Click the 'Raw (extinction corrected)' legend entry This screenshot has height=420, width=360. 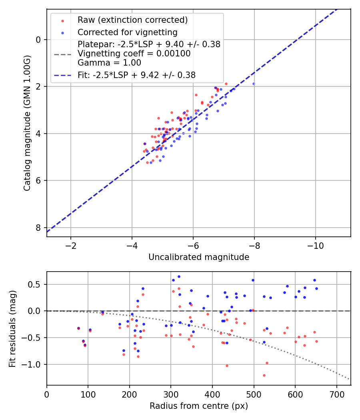click(x=132, y=20)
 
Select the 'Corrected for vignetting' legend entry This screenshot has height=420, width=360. click(x=127, y=32)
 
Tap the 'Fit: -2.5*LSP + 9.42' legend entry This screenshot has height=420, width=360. click(x=136, y=75)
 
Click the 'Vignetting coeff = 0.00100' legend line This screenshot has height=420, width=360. click(x=134, y=53)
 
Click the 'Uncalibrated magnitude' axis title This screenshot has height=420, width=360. click(x=199, y=257)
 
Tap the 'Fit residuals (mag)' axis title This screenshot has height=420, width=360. click(x=12, y=329)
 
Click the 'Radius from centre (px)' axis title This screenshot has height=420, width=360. click(x=199, y=406)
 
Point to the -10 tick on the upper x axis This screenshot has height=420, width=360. click(x=315, y=244)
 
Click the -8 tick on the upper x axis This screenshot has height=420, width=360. click(x=254, y=244)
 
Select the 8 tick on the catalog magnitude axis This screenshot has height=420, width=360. click(x=38, y=228)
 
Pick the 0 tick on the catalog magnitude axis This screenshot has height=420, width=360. click(x=38, y=40)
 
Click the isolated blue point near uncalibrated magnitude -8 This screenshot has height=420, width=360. click(x=254, y=84)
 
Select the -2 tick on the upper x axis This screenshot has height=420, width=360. click(x=71, y=244)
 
